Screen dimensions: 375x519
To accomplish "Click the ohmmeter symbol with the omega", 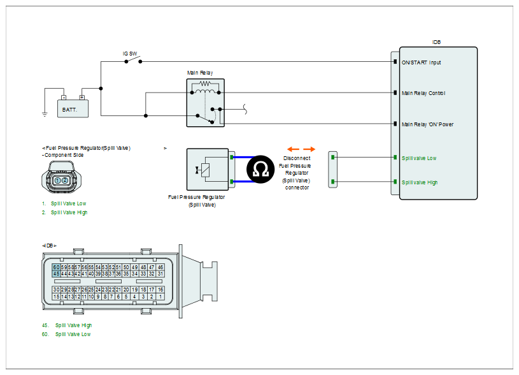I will [x=260, y=169].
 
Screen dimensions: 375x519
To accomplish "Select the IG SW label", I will [x=131, y=54].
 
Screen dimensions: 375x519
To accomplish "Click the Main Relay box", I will [x=205, y=101].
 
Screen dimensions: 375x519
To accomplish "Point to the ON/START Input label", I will [x=421, y=62].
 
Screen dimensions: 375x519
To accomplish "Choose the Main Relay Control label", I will [x=423, y=93].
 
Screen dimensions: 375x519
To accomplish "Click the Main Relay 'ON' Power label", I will [x=427, y=124].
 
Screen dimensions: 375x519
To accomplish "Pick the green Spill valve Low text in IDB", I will [x=419, y=158].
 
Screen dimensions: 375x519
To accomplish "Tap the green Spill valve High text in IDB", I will [x=420, y=182].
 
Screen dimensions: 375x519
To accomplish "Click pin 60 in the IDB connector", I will [x=57, y=267].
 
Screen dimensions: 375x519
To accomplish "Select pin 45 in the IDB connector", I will [x=57, y=274].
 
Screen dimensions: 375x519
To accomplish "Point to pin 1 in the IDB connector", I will [x=161, y=297].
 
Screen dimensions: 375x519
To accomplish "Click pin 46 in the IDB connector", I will [x=161, y=267].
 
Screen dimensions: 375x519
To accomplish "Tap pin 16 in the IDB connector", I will [x=161, y=290].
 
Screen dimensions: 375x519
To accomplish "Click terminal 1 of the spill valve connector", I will [x=57, y=181].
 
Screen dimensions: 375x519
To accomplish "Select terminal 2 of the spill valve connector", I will [x=65, y=181].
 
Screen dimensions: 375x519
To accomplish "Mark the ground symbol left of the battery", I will [x=45, y=114].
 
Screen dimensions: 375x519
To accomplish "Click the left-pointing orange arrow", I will [x=290, y=148].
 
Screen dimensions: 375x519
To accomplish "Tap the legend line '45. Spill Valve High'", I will [x=68, y=325].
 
